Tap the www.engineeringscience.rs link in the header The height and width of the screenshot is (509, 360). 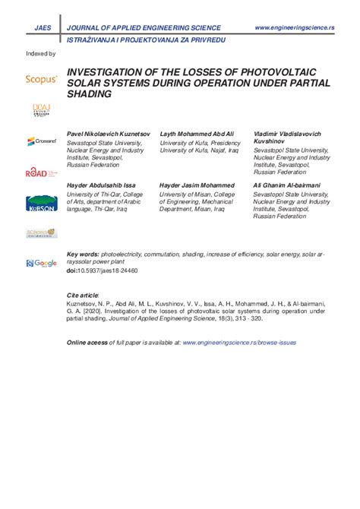[294, 28]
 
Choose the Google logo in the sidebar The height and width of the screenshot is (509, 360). [41, 263]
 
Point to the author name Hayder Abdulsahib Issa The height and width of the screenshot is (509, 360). [103, 185]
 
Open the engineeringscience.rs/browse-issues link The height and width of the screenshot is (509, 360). [240, 343]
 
